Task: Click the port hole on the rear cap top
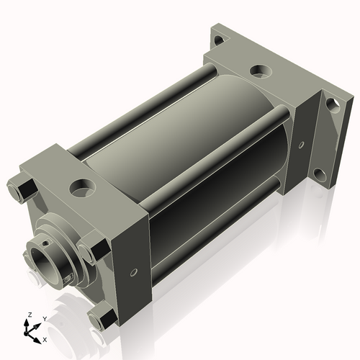point(259,72)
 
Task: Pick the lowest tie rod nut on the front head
point(102,315)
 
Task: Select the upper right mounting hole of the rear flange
point(331,104)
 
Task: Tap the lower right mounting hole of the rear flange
point(323,175)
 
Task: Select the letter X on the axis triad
point(45,338)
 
